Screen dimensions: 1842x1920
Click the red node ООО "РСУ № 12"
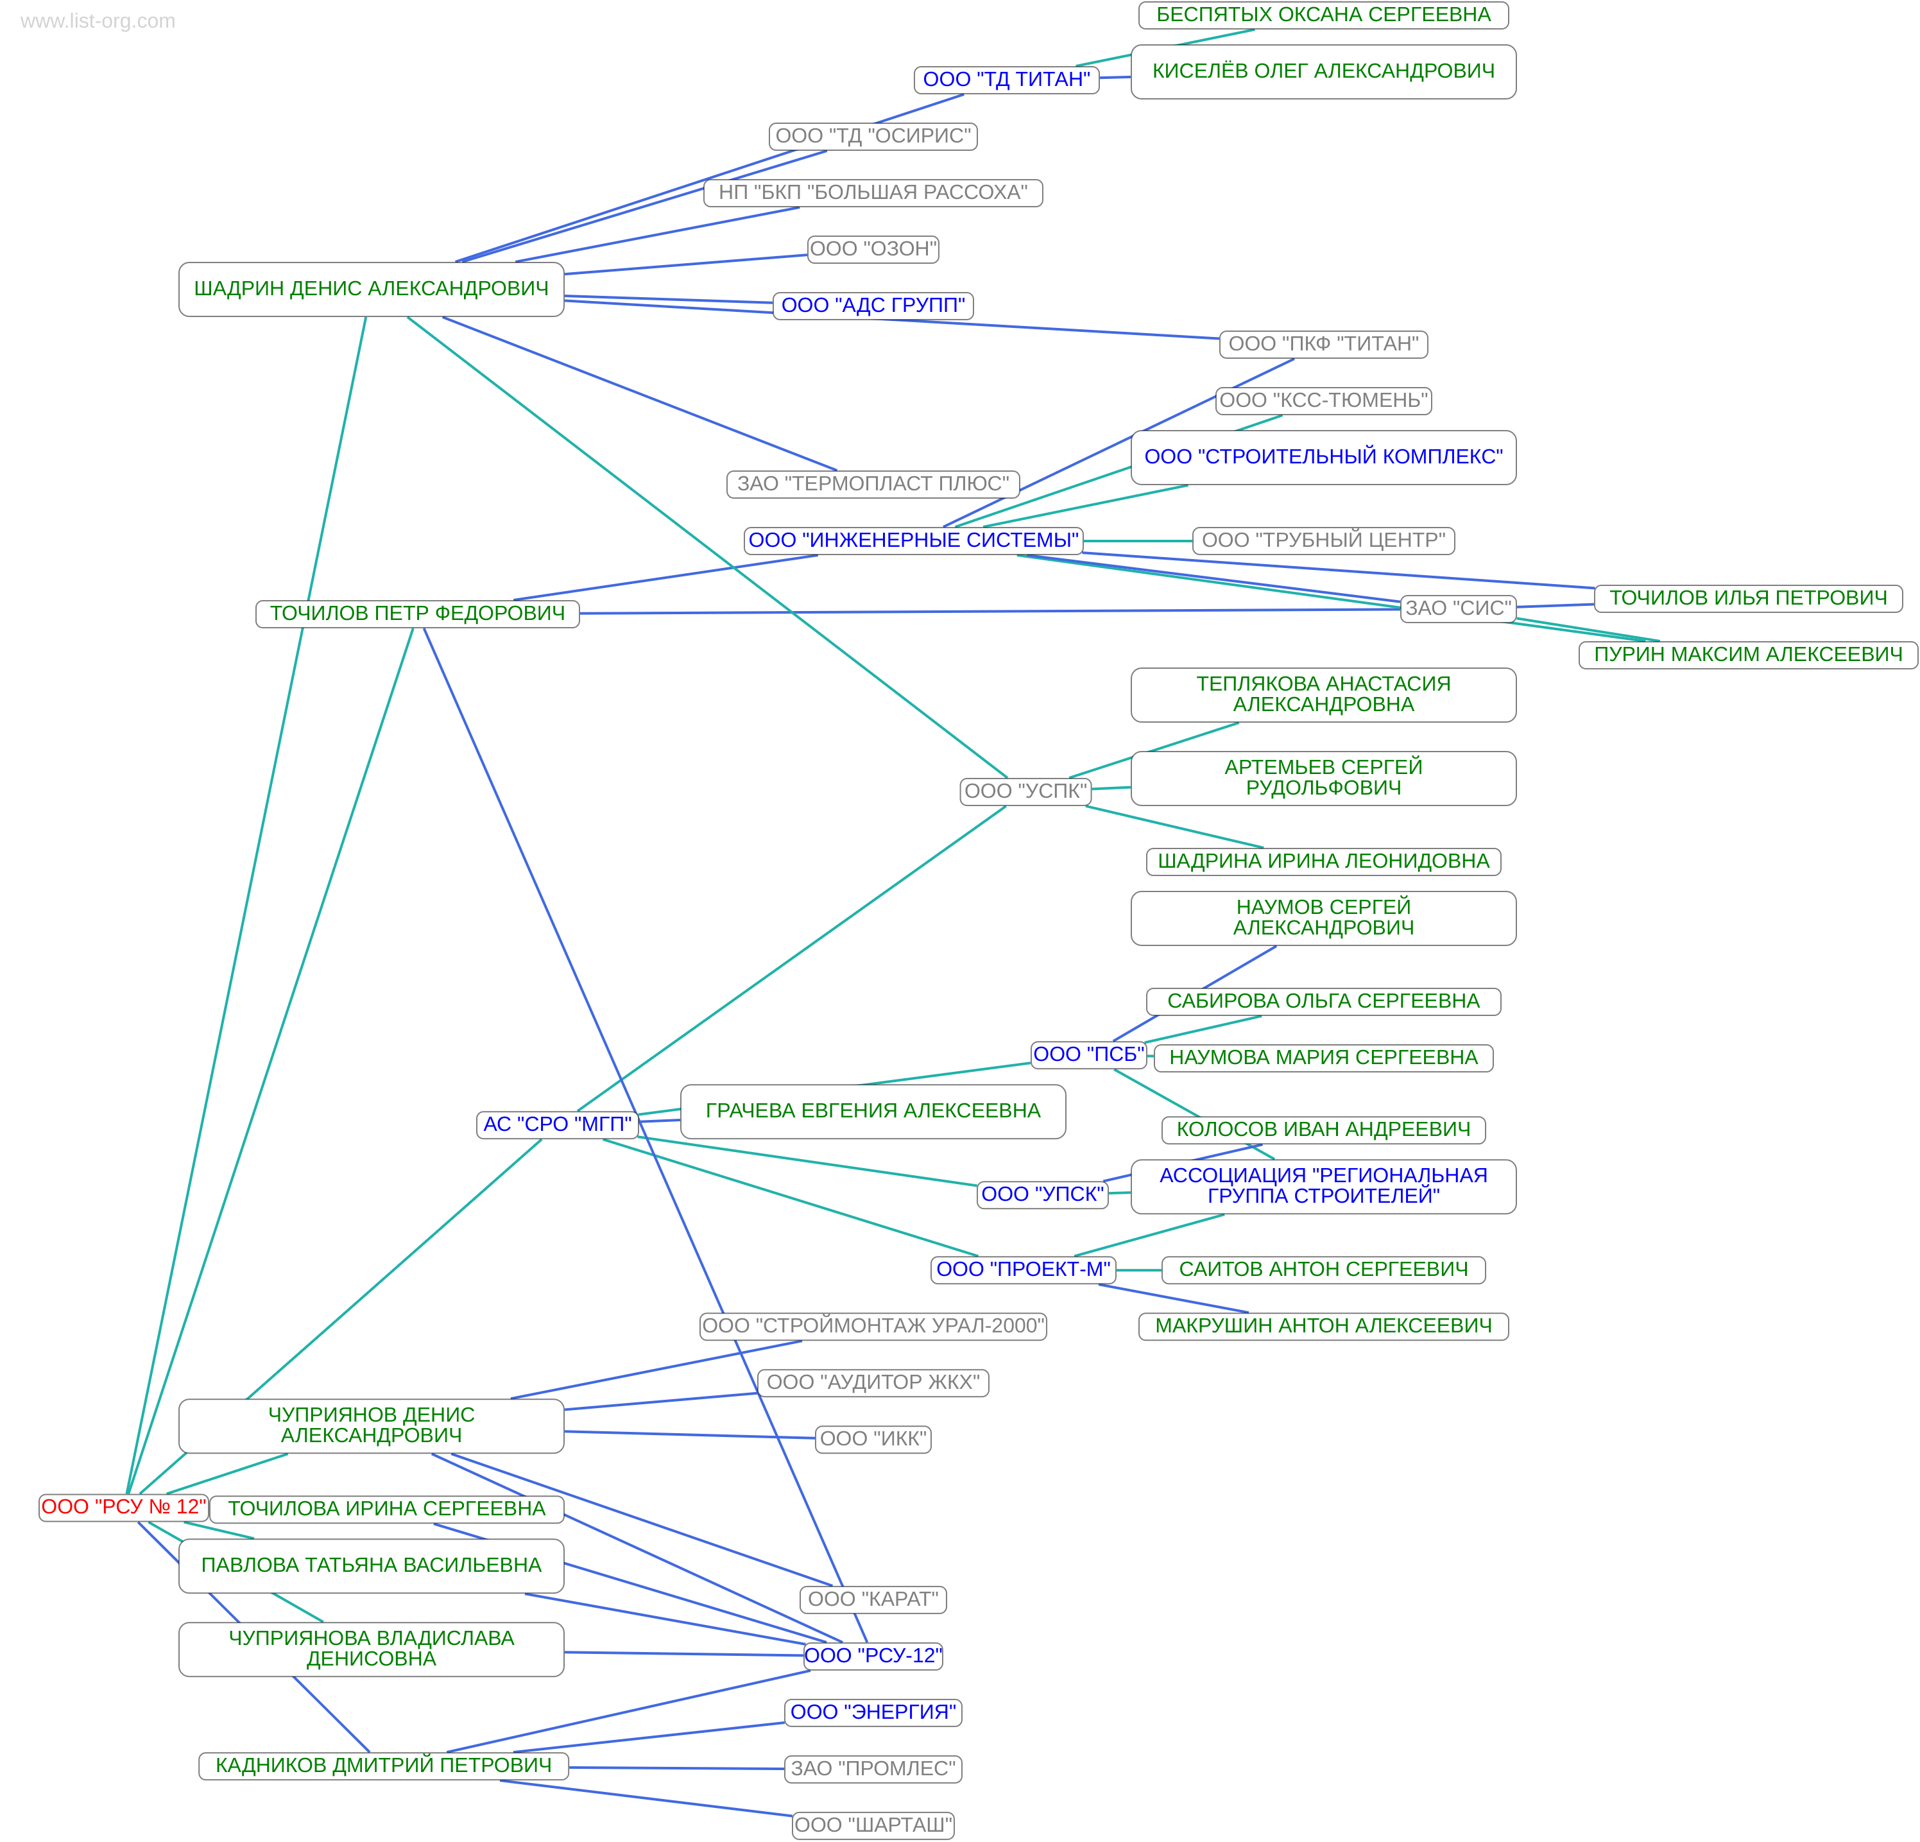(123, 1507)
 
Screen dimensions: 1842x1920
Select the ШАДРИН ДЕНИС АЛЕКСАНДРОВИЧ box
(372, 289)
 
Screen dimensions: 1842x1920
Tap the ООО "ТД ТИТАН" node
(1006, 80)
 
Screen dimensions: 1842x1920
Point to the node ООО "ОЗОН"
(873, 249)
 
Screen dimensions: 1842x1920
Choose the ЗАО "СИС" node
(1457, 608)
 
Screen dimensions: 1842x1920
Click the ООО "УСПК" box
(1025, 791)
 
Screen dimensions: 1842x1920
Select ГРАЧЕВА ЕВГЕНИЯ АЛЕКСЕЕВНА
(873, 1111)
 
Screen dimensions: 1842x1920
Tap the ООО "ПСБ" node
(1088, 1054)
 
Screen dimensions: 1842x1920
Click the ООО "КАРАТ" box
(873, 1599)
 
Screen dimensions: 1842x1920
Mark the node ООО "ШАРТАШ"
(873, 1825)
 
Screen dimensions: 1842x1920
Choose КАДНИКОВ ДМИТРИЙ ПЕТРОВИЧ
(383, 1766)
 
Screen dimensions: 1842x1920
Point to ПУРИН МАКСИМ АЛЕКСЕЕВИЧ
(1747, 655)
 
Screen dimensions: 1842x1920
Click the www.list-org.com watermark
(98, 21)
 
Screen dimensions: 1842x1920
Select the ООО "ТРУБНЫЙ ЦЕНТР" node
(1323, 540)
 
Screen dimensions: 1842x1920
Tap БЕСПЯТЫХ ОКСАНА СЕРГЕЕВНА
(1323, 15)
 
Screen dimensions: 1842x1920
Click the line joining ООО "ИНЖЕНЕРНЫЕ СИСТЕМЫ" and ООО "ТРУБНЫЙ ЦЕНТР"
(1137, 541)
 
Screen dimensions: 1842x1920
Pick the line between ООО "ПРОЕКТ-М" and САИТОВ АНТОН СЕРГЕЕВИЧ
(1138, 1270)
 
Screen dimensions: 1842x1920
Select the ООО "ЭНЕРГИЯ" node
(873, 1712)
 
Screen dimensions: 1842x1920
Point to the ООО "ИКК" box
(873, 1438)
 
